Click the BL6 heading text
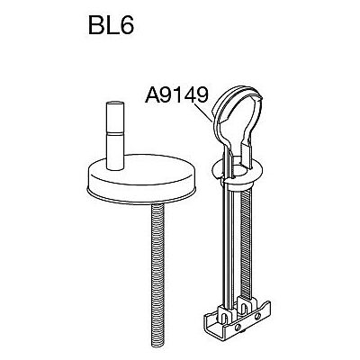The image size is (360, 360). (111, 24)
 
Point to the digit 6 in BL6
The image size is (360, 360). (126, 24)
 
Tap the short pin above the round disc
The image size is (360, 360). (115, 136)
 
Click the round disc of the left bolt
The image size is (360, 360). (141, 179)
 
